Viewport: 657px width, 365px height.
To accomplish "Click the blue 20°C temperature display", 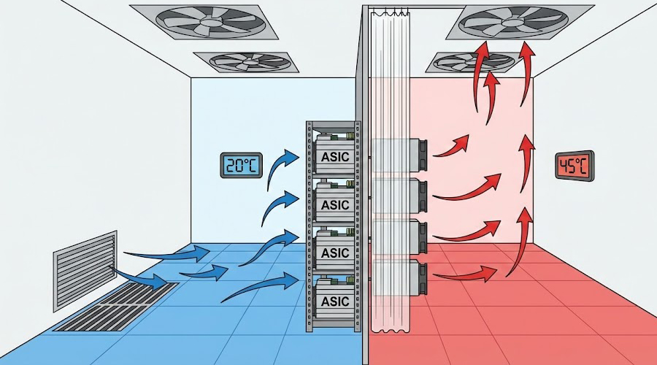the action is tap(242, 165).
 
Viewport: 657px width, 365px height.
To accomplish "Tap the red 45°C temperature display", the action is tap(575, 166).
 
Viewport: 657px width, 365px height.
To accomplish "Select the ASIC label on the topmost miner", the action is tap(335, 157).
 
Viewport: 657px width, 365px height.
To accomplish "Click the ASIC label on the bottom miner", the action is tap(335, 301).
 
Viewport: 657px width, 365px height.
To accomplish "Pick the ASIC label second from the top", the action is tap(335, 205).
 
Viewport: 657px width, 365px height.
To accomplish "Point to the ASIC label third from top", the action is tap(335, 253).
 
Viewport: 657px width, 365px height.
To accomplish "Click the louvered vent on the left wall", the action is tap(85, 270).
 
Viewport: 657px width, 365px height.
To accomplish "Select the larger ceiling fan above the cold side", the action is tap(204, 22).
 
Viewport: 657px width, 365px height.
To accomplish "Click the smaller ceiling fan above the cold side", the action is tap(247, 62).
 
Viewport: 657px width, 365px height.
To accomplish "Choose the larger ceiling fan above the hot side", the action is tap(520, 22).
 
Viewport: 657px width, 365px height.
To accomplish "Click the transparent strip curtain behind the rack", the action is tap(391, 172).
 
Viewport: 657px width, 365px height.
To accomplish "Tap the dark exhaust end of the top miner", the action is tap(423, 155).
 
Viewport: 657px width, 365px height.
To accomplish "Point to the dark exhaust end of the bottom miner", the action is tap(423, 277).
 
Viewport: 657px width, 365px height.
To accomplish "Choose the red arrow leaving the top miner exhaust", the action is tap(452, 146).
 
